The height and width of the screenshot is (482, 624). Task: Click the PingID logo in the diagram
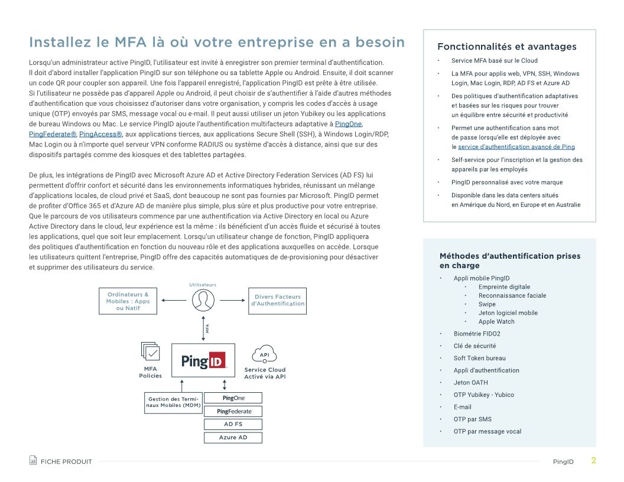203,360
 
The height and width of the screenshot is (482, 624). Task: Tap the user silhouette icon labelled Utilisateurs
203,300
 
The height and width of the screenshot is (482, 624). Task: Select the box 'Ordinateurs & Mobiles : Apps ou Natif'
128,301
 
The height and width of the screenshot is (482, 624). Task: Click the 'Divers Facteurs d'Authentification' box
278,300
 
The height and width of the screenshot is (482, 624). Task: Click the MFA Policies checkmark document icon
151,351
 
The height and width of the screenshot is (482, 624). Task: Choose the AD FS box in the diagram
233,424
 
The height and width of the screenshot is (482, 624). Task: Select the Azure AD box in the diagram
233,438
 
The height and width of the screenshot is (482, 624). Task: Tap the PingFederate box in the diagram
233,411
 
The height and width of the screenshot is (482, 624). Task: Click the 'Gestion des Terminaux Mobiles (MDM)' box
173,402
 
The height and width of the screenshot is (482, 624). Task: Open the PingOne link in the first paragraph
348,124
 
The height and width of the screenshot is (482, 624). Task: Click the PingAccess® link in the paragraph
100,134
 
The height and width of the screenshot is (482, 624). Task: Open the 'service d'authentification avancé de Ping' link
516,146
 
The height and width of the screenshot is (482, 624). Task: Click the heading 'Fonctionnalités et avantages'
506,47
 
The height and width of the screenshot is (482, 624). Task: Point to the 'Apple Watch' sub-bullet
496,322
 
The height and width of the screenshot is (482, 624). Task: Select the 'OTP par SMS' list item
472,419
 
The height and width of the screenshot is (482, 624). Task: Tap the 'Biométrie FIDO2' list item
477,334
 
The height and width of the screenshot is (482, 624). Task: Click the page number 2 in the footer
593,461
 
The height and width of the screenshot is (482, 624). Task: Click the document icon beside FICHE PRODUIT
33,461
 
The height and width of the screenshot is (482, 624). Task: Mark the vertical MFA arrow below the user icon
203,328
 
